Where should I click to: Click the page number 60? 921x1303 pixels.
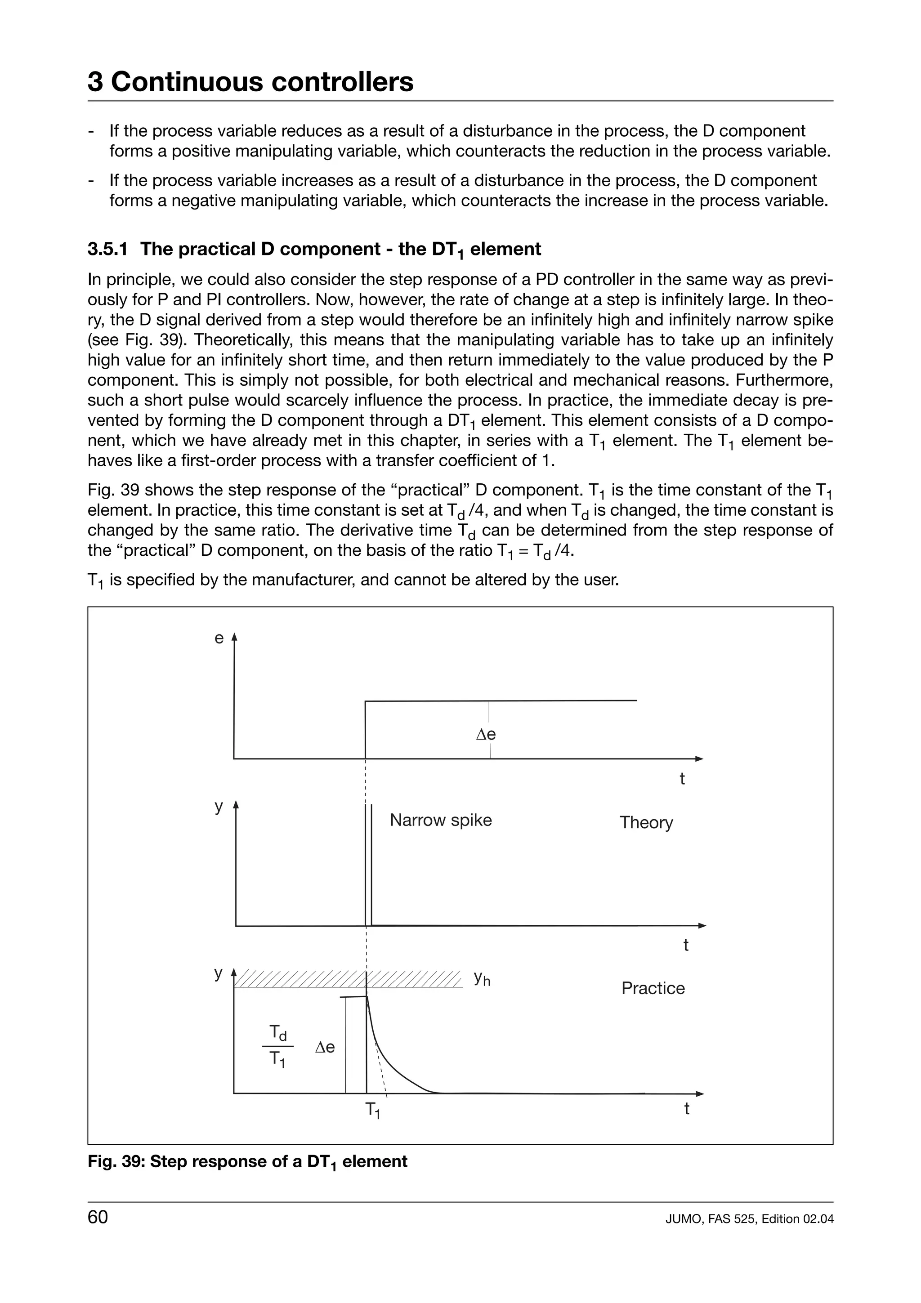pos(98,1217)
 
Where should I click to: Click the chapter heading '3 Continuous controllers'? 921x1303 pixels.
pos(250,82)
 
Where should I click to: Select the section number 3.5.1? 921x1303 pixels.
pos(107,249)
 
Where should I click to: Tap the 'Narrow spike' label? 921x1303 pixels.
pos(440,820)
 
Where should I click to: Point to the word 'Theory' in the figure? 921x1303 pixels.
pos(646,822)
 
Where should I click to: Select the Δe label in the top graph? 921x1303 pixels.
pos(486,734)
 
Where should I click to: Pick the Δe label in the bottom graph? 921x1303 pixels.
pos(325,1048)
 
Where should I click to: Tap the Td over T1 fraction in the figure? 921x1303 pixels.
pos(277,1046)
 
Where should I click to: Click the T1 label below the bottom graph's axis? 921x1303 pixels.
pos(372,1110)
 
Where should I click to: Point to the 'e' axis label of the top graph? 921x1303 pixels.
pos(219,638)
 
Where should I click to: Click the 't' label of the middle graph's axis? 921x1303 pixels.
pos(685,946)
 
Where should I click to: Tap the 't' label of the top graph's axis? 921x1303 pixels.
pos(682,779)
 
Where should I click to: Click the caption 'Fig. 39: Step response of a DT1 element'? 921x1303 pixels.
pos(247,1162)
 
